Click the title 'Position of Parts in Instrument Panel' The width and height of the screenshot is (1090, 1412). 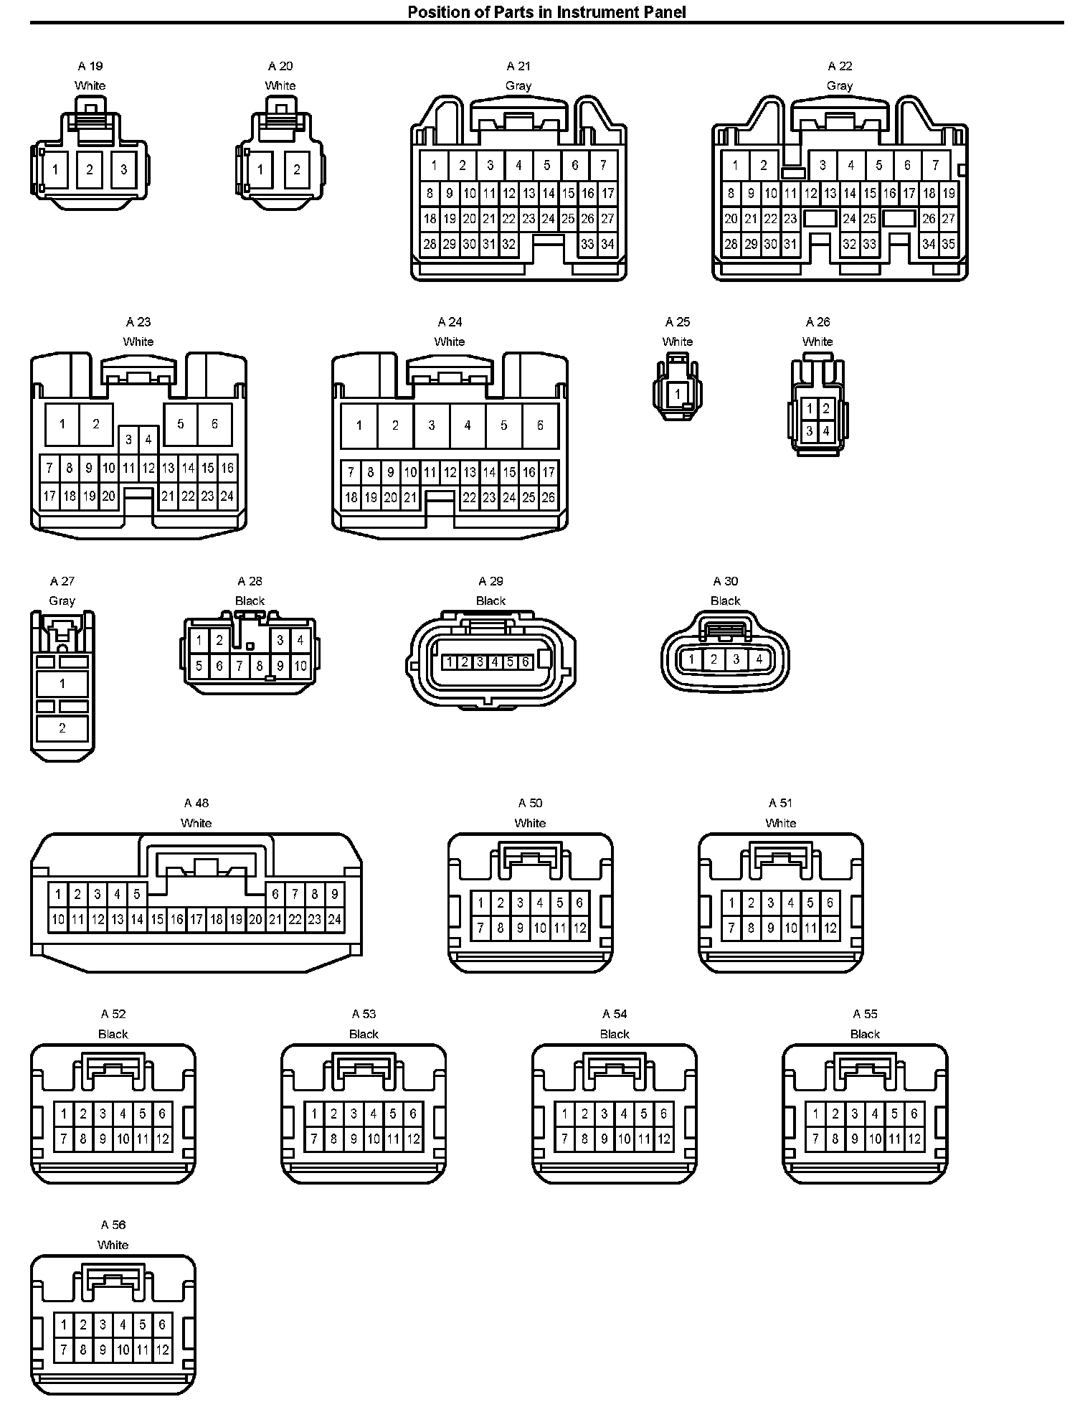click(546, 11)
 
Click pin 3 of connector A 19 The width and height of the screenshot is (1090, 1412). click(124, 170)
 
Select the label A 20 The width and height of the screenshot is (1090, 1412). click(280, 66)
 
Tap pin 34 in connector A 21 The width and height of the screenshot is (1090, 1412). click(607, 244)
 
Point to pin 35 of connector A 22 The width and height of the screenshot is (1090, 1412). click(948, 244)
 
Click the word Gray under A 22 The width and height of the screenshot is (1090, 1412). click(840, 85)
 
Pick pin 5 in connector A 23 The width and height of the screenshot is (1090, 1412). click(181, 424)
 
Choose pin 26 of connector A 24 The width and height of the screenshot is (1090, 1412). click(548, 496)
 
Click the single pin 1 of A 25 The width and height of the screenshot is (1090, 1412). click(678, 394)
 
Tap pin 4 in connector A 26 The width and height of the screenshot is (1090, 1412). click(826, 431)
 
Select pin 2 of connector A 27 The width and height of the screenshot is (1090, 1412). click(62, 728)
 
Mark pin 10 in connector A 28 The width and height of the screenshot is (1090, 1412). click(300, 666)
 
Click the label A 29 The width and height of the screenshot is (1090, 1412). click(491, 581)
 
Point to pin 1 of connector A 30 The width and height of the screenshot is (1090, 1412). click(691, 659)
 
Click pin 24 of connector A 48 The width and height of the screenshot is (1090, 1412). click(334, 919)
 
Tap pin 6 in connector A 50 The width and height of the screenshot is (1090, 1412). click(579, 903)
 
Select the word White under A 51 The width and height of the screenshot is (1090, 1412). click(781, 823)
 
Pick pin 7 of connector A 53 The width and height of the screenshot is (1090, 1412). click(314, 1139)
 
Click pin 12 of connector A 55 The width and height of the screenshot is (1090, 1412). click(914, 1139)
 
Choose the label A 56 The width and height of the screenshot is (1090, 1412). click(113, 1225)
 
